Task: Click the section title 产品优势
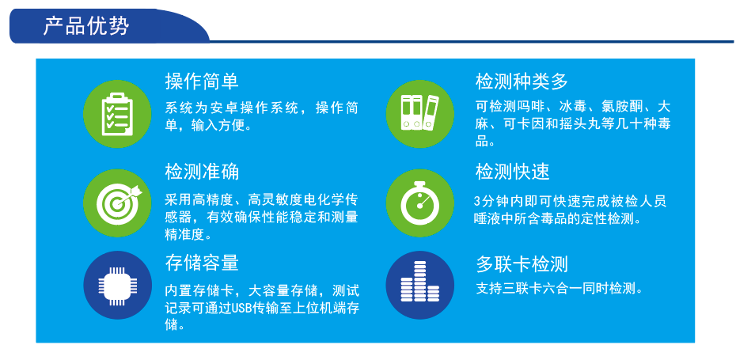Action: click(x=86, y=25)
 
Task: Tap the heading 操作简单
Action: click(x=202, y=81)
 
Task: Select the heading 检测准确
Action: click(x=202, y=172)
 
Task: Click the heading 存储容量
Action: click(x=202, y=263)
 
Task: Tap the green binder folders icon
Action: click(x=419, y=114)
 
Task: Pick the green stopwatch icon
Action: click(x=419, y=203)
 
